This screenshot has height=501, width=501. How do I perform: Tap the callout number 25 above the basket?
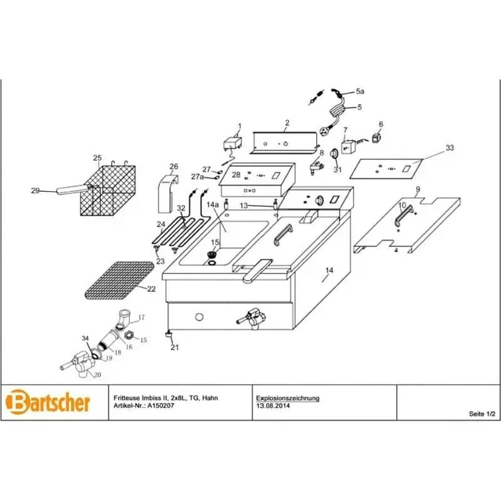(x=98, y=157)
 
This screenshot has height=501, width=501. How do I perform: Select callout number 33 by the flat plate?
(x=449, y=147)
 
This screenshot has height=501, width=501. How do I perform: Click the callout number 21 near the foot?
(x=175, y=347)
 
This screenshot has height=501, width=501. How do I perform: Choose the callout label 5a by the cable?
(x=361, y=92)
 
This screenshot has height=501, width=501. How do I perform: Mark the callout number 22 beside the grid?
(x=151, y=288)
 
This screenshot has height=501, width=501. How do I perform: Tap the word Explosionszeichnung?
(x=288, y=398)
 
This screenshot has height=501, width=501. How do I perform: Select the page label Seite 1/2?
(x=480, y=413)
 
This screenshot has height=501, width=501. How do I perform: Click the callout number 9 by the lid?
(x=418, y=189)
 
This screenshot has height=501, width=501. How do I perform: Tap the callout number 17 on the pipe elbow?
(x=142, y=317)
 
